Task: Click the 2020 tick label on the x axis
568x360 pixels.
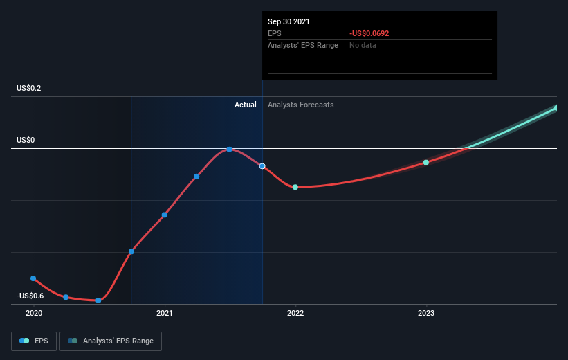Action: (34, 313)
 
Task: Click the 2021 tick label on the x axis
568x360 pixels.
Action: (165, 313)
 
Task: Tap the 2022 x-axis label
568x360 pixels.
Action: (295, 313)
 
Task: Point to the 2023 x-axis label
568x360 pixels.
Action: (426, 313)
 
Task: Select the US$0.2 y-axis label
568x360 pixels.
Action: (28, 88)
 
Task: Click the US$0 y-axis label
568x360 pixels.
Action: (26, 140)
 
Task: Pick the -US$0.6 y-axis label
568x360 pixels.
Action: (30, 296)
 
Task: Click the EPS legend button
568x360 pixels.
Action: (34, 341)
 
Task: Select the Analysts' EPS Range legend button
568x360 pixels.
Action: (111, 341)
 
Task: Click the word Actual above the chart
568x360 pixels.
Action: (245, 105)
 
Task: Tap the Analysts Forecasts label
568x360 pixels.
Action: (301, 105)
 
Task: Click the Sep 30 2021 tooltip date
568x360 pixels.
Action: (288, 21)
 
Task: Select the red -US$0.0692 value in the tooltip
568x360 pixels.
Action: (369, 33)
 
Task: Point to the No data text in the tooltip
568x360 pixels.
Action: (363, 45)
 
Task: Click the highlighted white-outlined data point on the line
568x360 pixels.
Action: (262, 166)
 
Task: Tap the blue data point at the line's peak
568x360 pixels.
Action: (229, 150)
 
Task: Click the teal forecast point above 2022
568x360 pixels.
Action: (295, 187)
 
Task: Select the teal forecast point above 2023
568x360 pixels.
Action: (426, 163)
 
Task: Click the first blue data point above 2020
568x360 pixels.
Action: (33, 278)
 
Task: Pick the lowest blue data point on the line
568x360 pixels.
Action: (98, 300)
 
